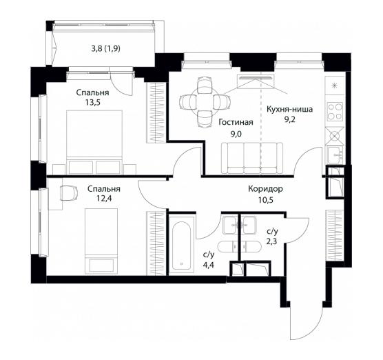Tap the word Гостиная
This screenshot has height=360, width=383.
point(236,122)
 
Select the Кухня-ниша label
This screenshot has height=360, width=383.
point(289,109)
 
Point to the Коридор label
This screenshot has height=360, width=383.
point(265,189)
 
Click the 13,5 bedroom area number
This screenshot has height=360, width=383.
point(92,102)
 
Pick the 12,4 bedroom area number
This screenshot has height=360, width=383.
point(104,199)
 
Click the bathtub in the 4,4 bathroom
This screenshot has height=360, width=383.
point(181,246)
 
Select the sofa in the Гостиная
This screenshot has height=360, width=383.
point(252,158)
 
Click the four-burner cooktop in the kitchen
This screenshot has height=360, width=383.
point(335,112)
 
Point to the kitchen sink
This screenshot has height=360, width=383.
point(335,154)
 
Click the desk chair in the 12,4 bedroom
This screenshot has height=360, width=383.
point(69,193)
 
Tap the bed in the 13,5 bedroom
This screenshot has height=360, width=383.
point(94,142)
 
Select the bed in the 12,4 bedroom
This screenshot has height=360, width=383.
point(101,241)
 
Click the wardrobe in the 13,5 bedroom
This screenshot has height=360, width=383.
point(156,112)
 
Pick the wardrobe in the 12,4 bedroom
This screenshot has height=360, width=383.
point(156,243)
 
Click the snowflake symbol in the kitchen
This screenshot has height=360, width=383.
point(335,86)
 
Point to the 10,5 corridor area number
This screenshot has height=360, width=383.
point(266,200)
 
